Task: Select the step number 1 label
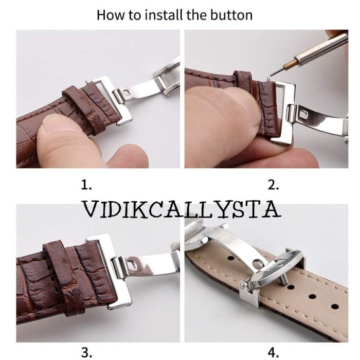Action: [x=86, y=185]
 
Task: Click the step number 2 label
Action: [x=274, y=185]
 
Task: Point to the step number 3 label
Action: [x=86, y=352]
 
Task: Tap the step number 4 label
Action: [x=274, y=352]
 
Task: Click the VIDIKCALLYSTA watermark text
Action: [x=182, y=209]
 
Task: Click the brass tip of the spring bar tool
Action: [x=291, y=64]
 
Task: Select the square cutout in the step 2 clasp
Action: [x=304, y=114]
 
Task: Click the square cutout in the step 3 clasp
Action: [x=133, y=263]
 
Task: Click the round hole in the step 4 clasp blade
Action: [x=257, y=263]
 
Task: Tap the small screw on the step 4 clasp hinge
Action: [x=242, y=286]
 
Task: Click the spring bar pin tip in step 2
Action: [x=268, y=79]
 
